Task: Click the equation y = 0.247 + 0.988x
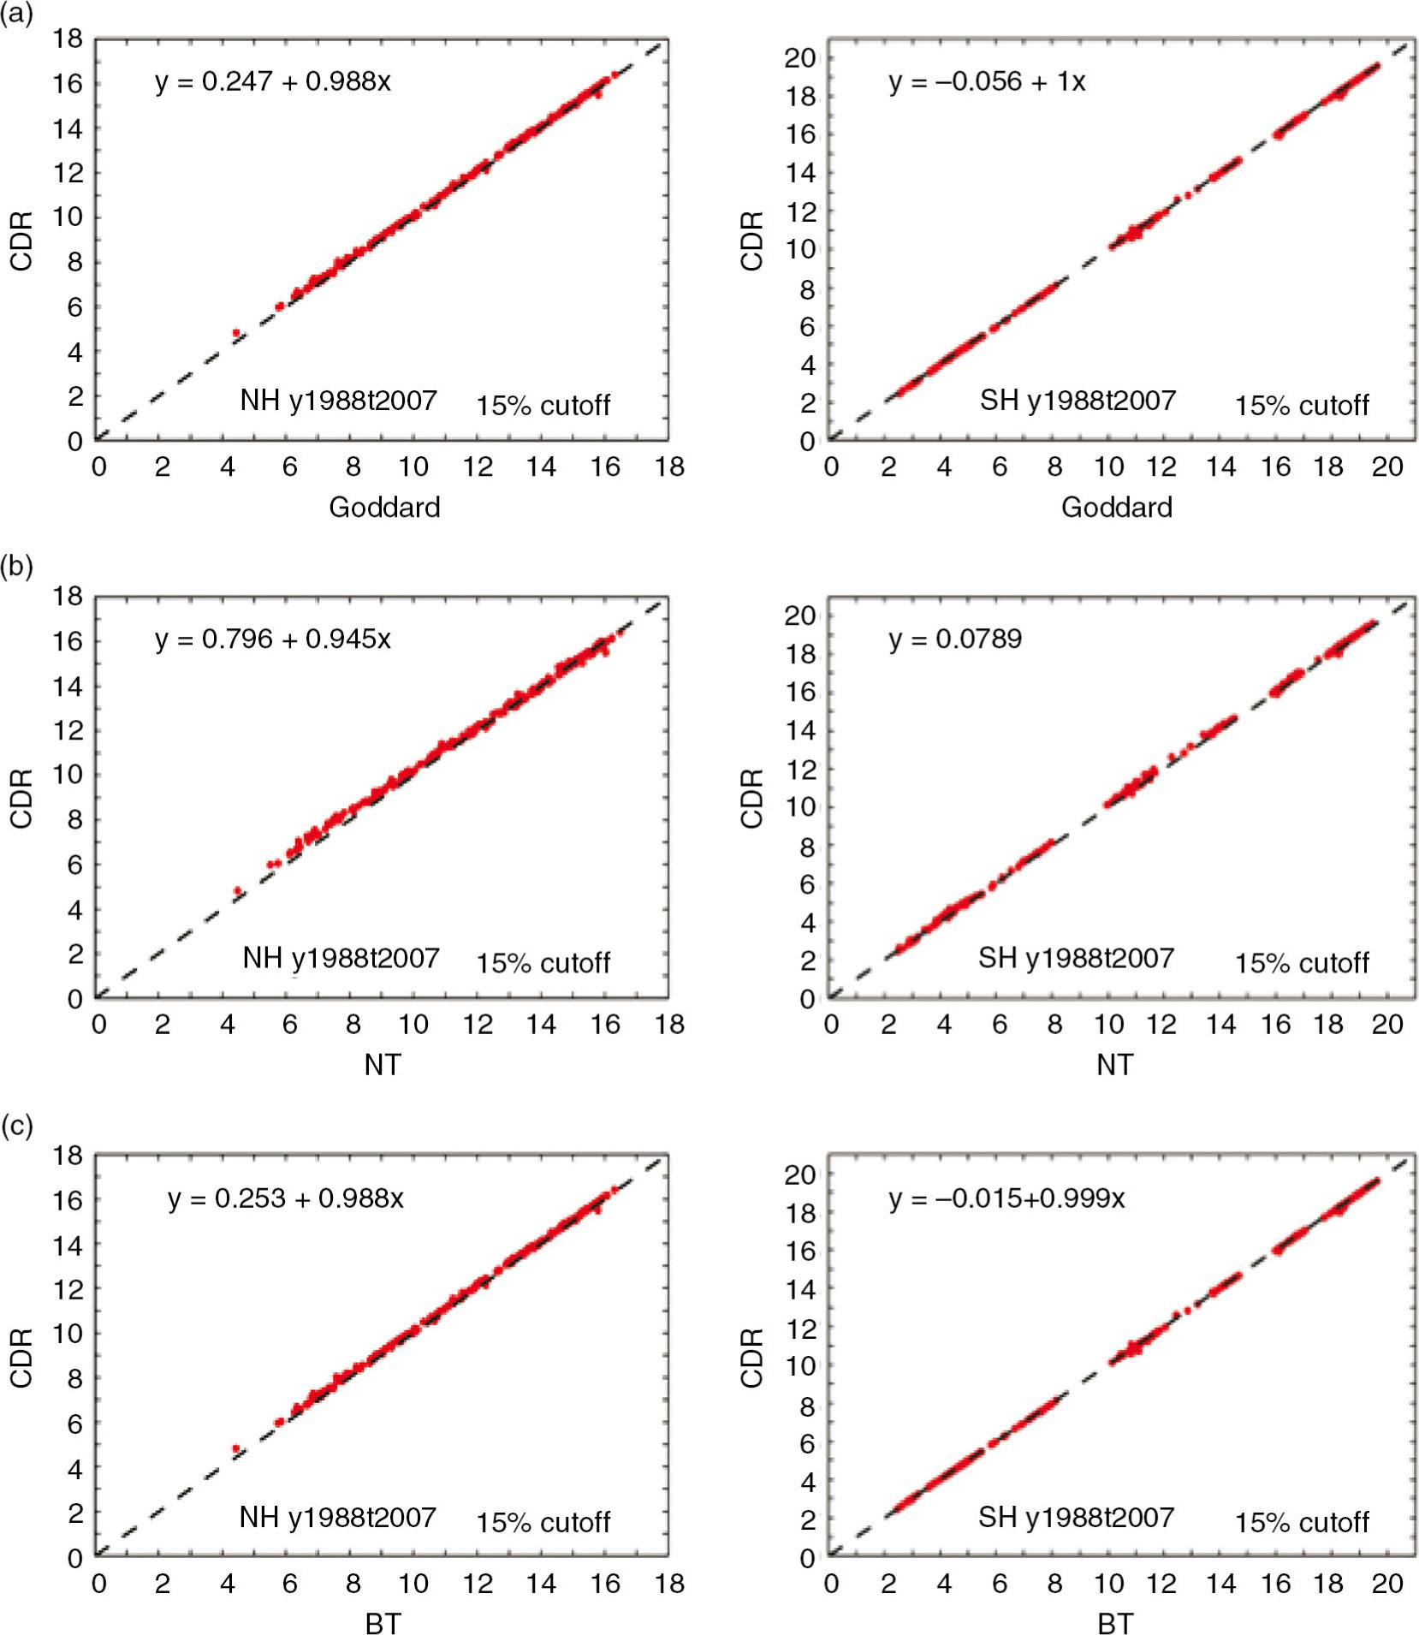pyautogui.click(x=272, y=81)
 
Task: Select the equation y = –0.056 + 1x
pyautogui.click(x=986, y=81)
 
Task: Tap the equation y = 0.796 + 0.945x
pyautogui.click(x=272, y=639)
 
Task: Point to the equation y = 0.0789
pyautogui.click(x=954, y=639)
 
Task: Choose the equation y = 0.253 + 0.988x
pyautogui.click(x=285, y=1198)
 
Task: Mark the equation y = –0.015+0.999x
pyautogui.click(x=1006, y=1198)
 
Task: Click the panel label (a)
pyautogui.click(x=16, y=15)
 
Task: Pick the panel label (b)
pyautogui.click(x=16, y=566)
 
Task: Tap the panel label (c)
pyautogui.click(x=16, y=1125)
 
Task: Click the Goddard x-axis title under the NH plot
pyautogui.click(x=384, y=508)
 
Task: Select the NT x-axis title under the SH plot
pyautogui.click(x=1114, y=1065)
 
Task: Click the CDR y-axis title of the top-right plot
pyautogui.click(x=752, y=241)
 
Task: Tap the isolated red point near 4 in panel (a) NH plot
pyautogui.click(x=236, y=332)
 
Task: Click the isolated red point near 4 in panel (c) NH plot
pyautogui.click(x=236, y=1448)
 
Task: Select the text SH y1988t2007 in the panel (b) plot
pyautogui.click(x=1076, y=958)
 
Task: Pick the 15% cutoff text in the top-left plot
pyautogui.click(x=543, y=405)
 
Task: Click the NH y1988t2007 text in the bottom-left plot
pyautogui.click(x=337, y=1517)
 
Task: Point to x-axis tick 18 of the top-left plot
pyautogui.click(x=669, y=467)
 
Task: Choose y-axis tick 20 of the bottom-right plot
pyautogui.click(x=800, y=1174)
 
